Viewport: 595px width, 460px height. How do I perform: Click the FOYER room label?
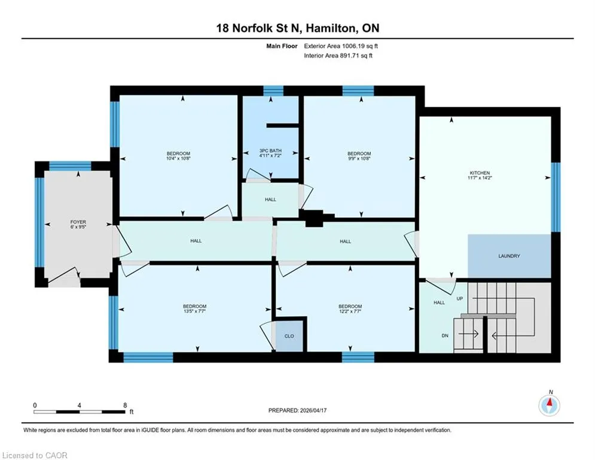(78, 222)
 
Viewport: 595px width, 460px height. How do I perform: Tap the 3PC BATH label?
(270, 151)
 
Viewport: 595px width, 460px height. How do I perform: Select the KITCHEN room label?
(480, 173)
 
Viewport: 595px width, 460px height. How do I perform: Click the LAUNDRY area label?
(509, 256)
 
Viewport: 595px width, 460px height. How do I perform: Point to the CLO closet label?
(289, 336)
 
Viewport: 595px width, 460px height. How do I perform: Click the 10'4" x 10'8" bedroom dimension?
(178, 158)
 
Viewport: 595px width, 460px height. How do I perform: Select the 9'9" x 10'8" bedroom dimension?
(359, 158)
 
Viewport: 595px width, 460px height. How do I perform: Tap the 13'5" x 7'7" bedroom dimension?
(195, 311)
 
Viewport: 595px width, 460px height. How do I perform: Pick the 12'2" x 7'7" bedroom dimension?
(350, 311)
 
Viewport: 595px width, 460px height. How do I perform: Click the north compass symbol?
(550, 405)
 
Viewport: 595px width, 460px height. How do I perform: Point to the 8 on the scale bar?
(125, 405)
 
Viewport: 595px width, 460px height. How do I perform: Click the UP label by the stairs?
(459, 299)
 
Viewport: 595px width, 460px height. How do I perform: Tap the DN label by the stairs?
(445, 335)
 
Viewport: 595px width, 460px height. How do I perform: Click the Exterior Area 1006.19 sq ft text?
(341, 46)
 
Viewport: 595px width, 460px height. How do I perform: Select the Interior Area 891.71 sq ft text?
(338, 56)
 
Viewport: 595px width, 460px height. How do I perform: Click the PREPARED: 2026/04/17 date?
(298, 410)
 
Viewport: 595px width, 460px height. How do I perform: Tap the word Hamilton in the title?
(331, 28)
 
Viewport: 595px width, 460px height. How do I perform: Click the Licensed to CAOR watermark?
(35, 455)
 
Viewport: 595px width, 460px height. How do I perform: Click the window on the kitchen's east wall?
(556, 197)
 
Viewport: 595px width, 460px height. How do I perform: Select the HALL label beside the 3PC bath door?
(270, 199)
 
